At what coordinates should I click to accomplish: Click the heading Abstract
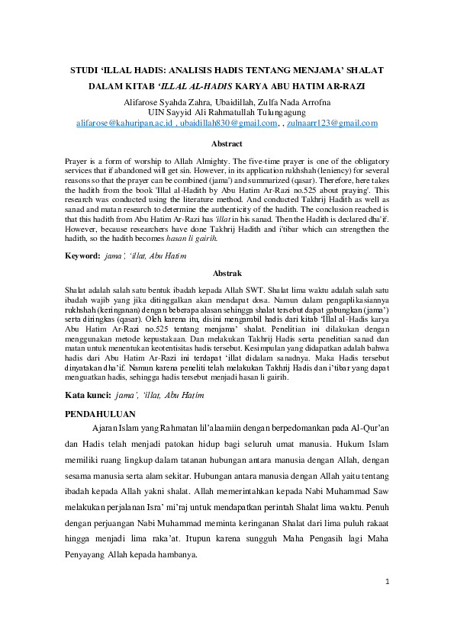pyautogui.click(x=227, y=143)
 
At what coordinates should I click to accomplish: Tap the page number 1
pyautogui.click(x=388, y=603)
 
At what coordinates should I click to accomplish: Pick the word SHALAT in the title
pyautogui.click(x=363, y=69)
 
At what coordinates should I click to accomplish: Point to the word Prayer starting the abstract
pyautogui.click(x=78, y=162)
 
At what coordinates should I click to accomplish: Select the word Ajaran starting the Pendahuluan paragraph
pyautogui.click(x=106, y=428)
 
